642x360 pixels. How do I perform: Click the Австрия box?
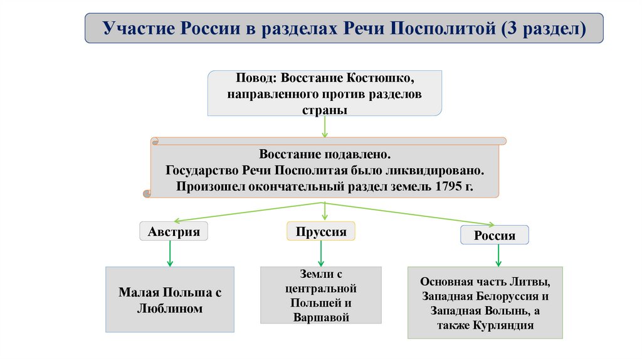click(x=174, y=232)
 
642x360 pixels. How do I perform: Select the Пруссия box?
click(x=321, y=231)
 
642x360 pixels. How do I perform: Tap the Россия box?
click(x=495, y=236)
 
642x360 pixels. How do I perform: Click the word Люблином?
click(x=169, y=309)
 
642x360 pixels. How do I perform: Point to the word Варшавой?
click(x=320, y=317)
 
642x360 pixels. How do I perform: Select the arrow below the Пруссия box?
click(x=321, y=253)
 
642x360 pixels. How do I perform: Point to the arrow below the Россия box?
click(x=498, y=255)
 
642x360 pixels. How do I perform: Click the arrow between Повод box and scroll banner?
click(x=325, y=126)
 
